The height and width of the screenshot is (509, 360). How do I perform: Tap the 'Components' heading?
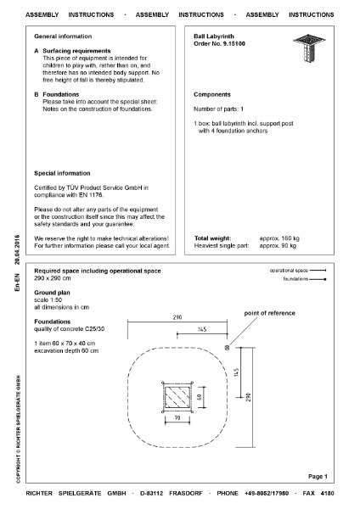point(213,94)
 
